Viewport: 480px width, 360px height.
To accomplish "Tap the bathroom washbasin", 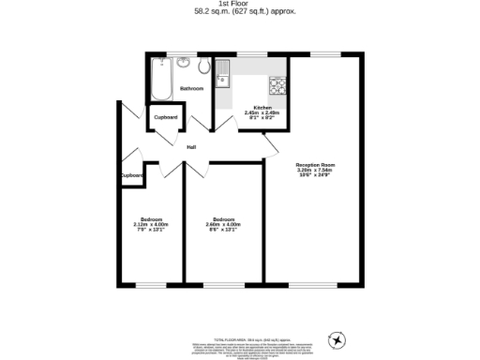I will coord(186,65).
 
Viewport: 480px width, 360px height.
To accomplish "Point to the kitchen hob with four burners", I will coord(278,86).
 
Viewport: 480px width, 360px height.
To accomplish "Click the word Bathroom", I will coord(192,88).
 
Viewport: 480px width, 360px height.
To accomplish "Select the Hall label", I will coord(191,147).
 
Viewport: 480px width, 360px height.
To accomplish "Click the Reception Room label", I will coord(314,164).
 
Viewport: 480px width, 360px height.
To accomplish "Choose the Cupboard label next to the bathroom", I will coord(166,117).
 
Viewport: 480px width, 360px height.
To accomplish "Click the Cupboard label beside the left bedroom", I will coord(131,175).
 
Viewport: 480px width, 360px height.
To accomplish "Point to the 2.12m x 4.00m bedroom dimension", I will coord(151,225).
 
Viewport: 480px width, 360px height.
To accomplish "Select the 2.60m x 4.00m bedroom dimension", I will coord(223,225).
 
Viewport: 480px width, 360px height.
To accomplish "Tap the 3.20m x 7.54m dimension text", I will coord(314,170).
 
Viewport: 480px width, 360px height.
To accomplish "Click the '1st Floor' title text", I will coord(240,5).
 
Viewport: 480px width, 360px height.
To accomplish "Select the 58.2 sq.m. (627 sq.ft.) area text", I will coord(240,12).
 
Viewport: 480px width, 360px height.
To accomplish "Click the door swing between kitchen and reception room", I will coord(272,142).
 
